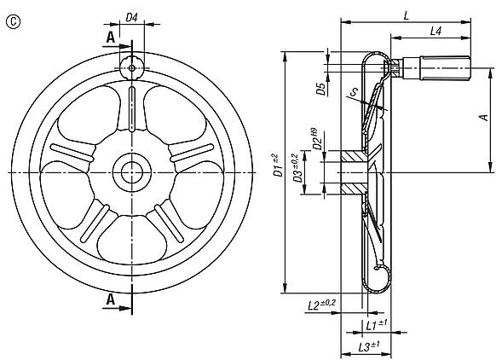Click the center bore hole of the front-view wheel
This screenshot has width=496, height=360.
132,171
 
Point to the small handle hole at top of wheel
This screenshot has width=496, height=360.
132,65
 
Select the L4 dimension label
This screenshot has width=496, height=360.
435,31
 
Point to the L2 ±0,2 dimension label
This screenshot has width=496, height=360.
320,305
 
